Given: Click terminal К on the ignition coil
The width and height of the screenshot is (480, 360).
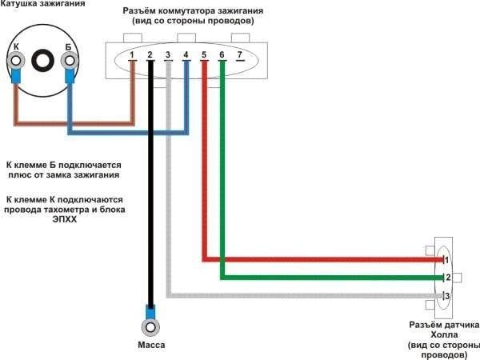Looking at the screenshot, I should point(15,58).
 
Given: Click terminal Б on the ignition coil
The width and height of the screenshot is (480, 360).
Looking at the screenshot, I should point(69,58).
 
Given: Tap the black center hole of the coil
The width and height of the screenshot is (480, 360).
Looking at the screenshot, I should point(42,58).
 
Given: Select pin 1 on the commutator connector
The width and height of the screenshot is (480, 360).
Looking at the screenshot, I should point(132,55).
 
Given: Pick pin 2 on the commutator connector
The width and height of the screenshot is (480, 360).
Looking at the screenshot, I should point(150,55).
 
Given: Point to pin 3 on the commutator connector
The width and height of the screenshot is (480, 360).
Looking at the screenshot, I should point(168,55).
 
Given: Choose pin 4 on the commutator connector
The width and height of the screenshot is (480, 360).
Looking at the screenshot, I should point(186,55).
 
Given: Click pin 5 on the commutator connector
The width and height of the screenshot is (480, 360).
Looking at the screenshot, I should point(204,55).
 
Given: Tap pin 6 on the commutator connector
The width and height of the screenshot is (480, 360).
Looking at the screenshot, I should point(222,55).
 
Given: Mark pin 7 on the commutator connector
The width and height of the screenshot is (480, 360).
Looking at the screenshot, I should point(239,55).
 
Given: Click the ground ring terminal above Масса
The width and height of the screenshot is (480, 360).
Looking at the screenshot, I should point(150,326).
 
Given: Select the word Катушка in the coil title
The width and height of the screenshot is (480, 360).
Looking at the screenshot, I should point(20,6).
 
